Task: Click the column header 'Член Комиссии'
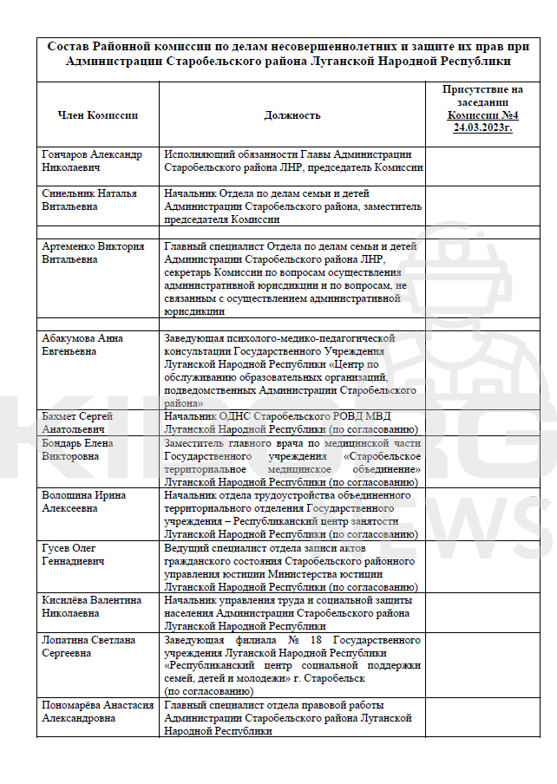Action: (x=97, y=115)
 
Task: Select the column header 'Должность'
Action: (x=292, y=115)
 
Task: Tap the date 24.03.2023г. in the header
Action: (x=482, y=127)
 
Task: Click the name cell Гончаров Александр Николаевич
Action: (x=92, y=161)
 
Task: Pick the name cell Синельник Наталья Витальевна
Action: (x=89, y=200)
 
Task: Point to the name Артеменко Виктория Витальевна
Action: (x=93, y=252)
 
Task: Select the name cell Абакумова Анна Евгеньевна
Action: (x=82, y=344)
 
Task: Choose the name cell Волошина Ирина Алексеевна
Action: (x=83, y=501)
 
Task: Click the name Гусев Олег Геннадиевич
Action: (x=74, y=554)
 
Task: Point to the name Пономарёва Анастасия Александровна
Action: (x=97, y=712)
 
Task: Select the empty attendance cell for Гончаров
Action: (x=482, y=161)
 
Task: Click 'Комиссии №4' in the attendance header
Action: (x=482, y=115)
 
